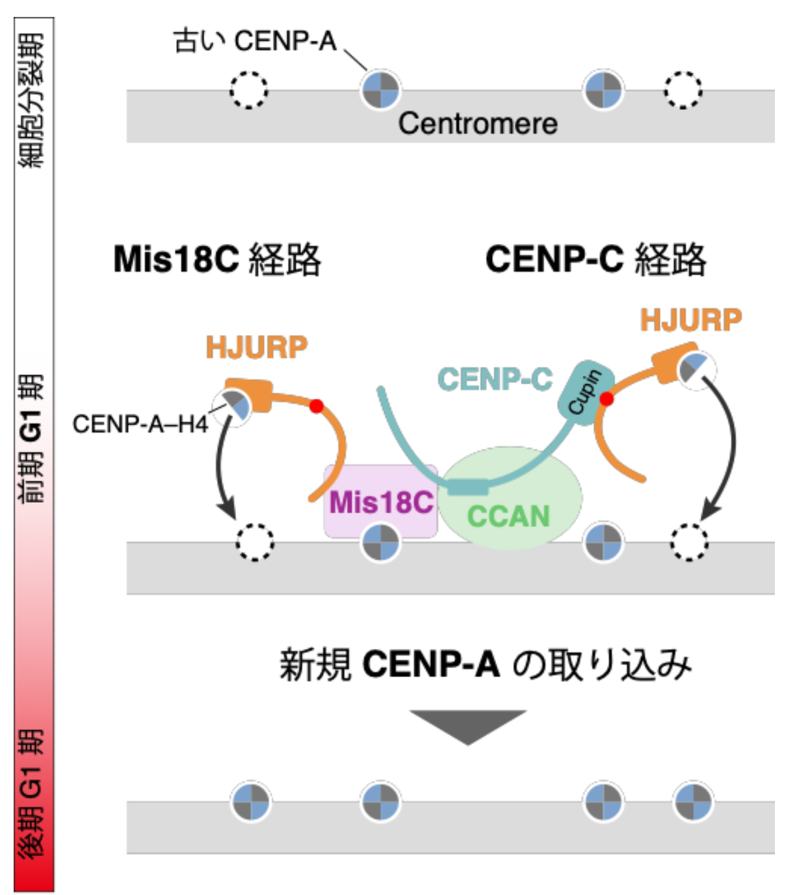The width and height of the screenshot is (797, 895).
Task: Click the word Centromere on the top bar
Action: pyautogui.click(x=478, y=123)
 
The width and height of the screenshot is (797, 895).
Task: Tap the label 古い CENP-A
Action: pyautogui.click(x=255, y=41)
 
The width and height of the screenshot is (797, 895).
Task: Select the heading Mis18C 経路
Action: pyautogui.click(x=217, y=259)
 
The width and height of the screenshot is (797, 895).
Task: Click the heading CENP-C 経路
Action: pyautogui.click(x=595, y=259)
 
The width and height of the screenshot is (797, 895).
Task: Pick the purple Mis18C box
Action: pyautogui.click(x=380, y=501)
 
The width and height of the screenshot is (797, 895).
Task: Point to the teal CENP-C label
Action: pyautogui.click(x=495, y=379)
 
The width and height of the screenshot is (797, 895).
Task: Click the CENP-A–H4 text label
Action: pyautogui.click(x=140, y=424)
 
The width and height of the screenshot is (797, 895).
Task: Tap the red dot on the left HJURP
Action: pyautogui.click(x=317, y=407)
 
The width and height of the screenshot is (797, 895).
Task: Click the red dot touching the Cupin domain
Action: pyautogui.click(x=607, y=399)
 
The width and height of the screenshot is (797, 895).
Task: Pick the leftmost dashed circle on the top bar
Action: pyautogui.click(x=249, y=90)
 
